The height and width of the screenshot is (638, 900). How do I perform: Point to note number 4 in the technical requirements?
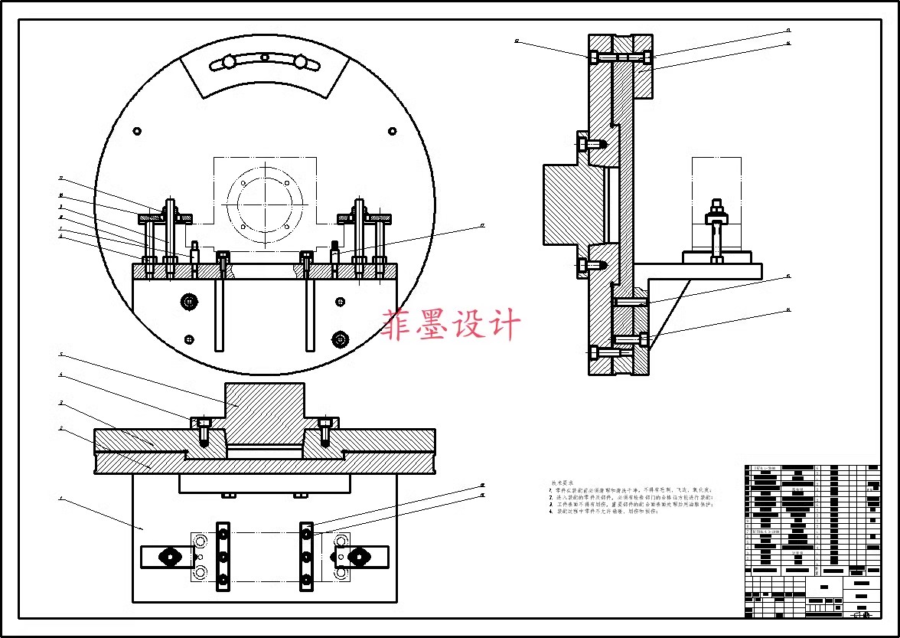click(551, 512)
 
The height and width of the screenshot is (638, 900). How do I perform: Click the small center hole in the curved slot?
click(264, 57)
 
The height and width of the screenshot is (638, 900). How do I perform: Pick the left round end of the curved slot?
click(227, 62)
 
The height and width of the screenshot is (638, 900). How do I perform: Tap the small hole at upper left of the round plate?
click(136, 130)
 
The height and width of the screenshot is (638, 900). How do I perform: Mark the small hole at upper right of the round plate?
click(393, 130)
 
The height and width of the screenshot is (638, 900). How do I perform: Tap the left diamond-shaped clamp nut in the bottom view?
click(166, 557)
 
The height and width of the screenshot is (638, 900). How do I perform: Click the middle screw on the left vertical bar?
click(223, 557)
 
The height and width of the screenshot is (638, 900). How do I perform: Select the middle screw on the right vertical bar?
click(306, 557)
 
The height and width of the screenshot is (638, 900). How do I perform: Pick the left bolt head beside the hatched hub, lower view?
click(204, 423)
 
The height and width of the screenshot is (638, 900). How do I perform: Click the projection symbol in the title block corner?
click(862, 613)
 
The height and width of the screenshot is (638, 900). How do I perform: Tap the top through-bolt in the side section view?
click(620, 57)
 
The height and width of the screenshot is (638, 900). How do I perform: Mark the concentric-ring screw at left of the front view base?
click(188, 302)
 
